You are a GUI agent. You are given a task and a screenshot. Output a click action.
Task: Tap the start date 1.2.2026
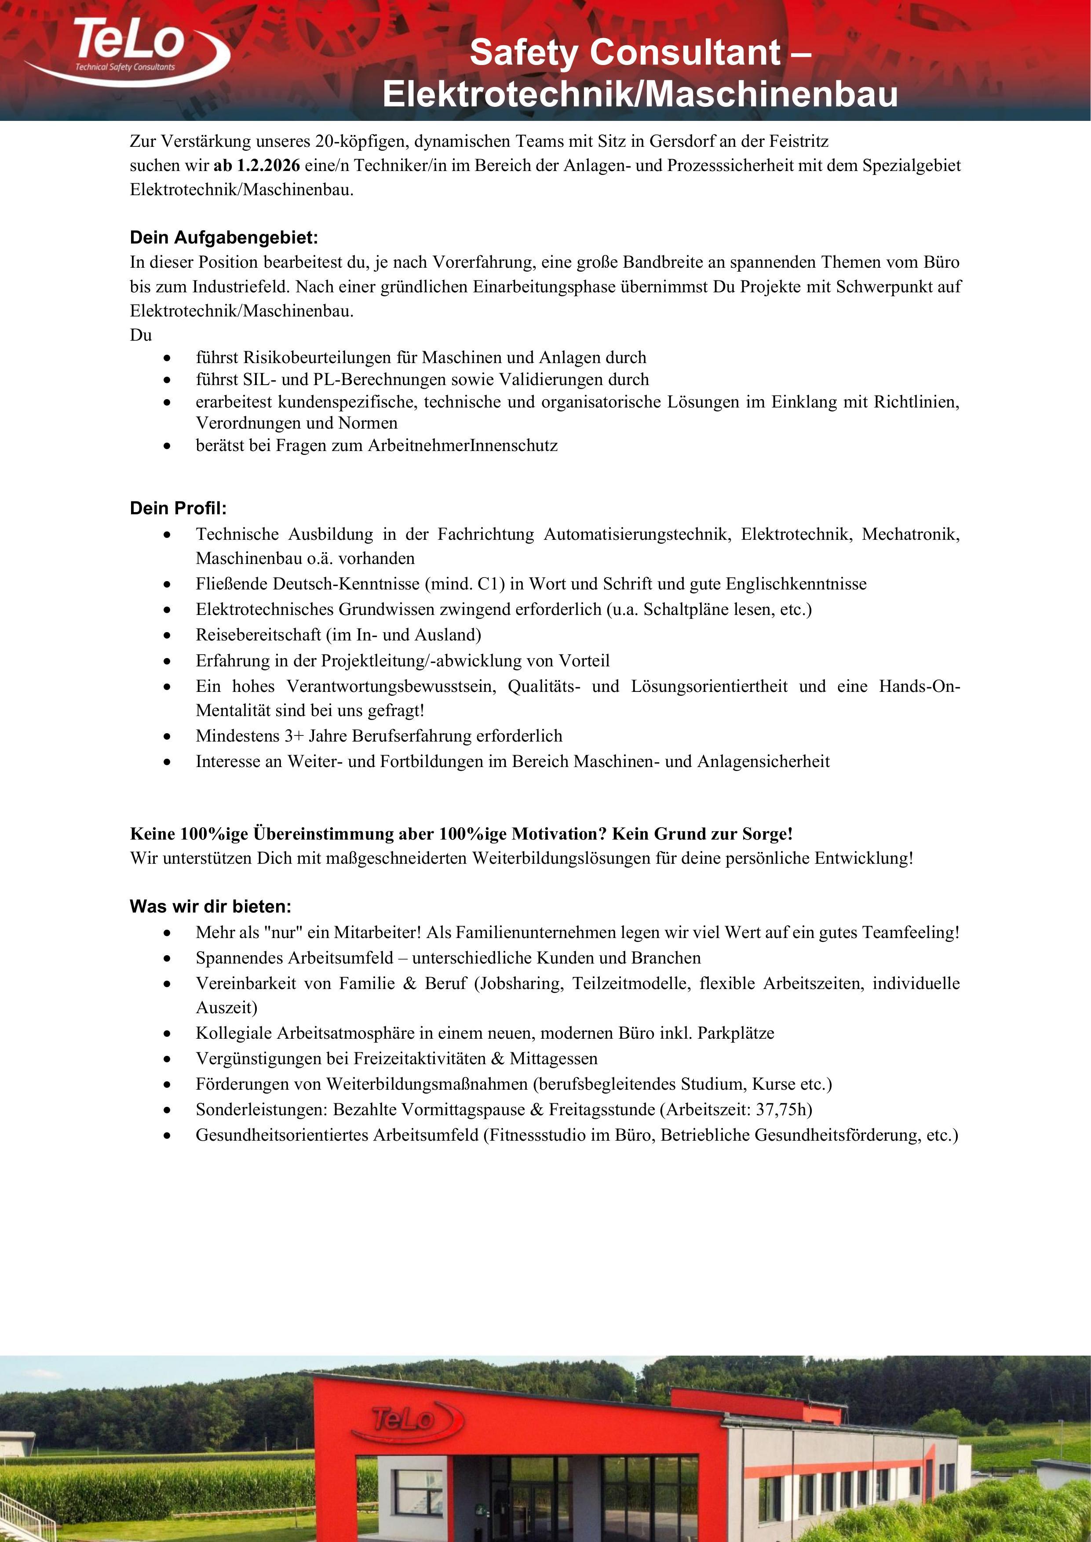pos(268,165)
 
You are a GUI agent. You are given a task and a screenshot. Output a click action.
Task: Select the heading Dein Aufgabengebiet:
pos(224,238)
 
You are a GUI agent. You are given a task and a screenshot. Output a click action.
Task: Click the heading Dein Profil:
pos(178,508)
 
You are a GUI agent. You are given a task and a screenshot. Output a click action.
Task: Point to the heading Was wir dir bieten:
pos(210,907)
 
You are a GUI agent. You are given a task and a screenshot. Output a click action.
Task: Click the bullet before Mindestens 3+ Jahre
pos(167,736)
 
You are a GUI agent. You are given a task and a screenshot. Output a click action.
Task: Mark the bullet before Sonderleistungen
pos(167,1109)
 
